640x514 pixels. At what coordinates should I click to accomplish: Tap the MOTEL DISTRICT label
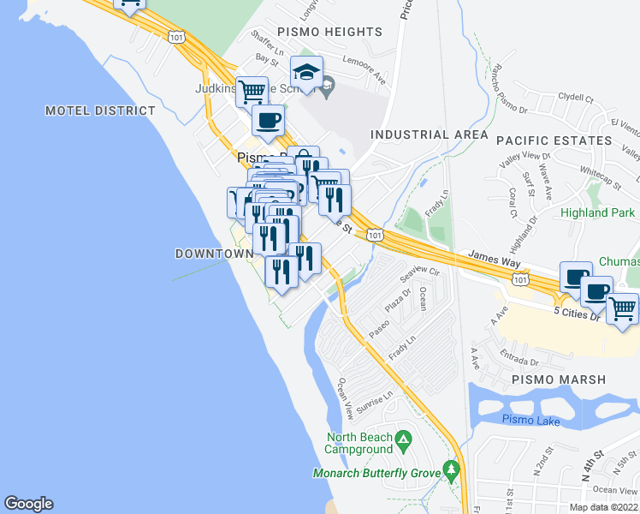pyautogui.click(x=101, y=111)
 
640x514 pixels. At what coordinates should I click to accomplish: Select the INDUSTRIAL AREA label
pyautogui.click(x=429, y=134)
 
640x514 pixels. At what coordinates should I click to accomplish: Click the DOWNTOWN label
pyautogui.click(x=214, y=254)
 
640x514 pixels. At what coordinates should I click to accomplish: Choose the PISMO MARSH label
pyautogui.click(x=558, y=380)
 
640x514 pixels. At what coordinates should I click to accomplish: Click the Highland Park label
pyautogui.click(x=597, y=212)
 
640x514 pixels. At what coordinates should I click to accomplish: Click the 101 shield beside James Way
pyautogui.click(x=519, y=279)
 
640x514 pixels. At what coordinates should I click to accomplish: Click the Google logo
pyautogui.click(x=28, y=504)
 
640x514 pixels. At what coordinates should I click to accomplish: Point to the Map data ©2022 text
pyautogui.click(x=603, y=507)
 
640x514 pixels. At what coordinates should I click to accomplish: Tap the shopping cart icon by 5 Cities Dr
pyautogui.click(x=623, y=308)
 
